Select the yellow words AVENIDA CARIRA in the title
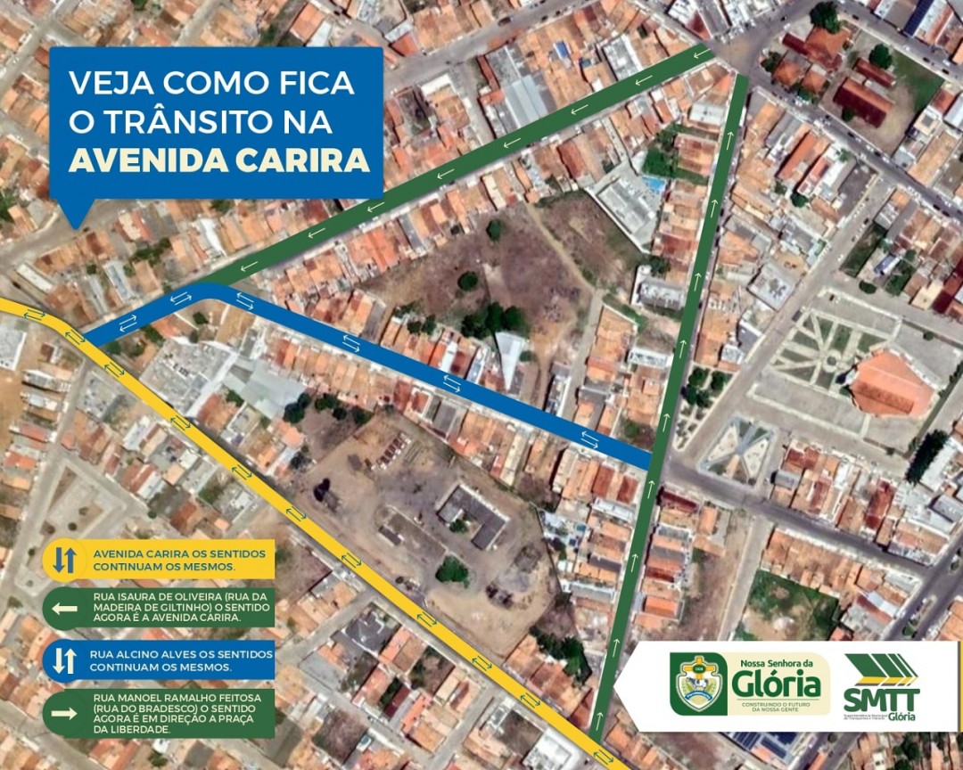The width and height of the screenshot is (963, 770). pos(218,160)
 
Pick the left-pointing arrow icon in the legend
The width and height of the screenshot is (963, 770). pos(64,609)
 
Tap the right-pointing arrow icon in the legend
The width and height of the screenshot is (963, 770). pos(64,712)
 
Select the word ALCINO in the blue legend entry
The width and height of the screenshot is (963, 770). pos(129,653)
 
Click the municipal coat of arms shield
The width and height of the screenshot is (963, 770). pos(698,684)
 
